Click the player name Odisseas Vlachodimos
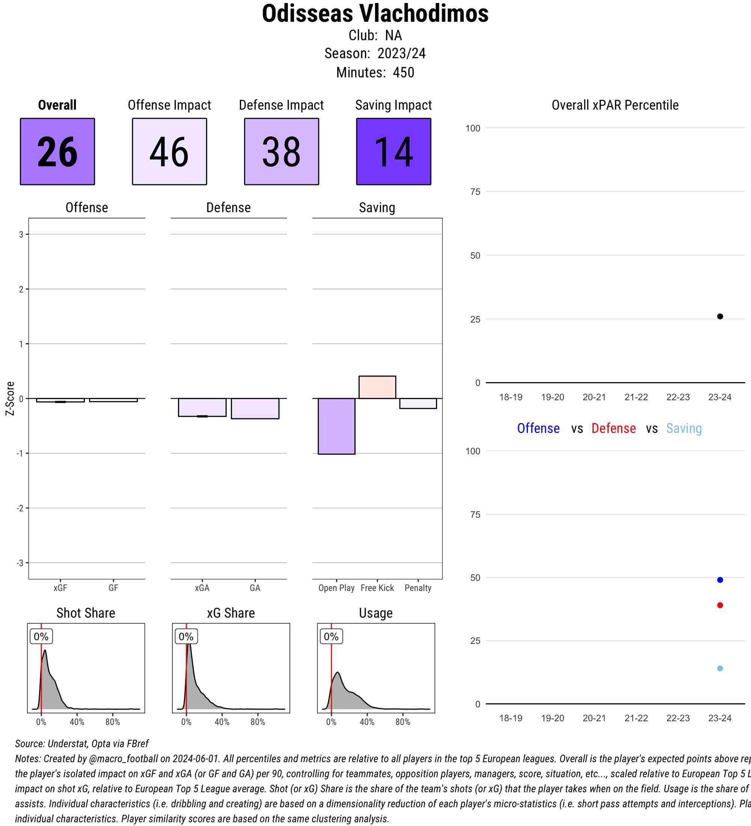tap(375, 14)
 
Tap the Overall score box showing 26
tap(57, 152)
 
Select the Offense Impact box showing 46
tap(169, 152)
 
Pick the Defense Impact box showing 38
tap(282, 152)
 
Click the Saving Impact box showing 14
tap(393, 152)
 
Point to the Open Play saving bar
tap(336, 426)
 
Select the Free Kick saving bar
tap(377, 387)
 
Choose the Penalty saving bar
tap(418, 404)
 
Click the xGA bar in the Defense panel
tap(202, 408)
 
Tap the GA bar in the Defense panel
tap(255, 408)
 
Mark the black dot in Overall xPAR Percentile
tap(720, 316)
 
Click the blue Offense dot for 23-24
tap(720, 580)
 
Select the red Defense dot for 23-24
tap(720, 605)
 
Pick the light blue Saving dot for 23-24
tap(720, 668)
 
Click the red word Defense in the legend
tap(613, 428)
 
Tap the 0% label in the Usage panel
tap(331, 636)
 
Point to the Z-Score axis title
tap(10, 398)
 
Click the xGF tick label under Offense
tap(60, 588)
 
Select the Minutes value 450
tap(403, 72)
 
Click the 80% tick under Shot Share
tap(113, 722)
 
